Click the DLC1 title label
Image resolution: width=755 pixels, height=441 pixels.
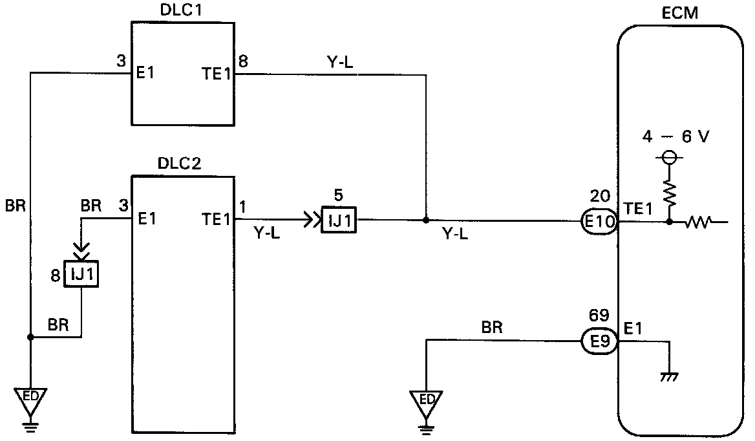[x=182, y=11]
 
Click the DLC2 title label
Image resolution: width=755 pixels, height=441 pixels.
[x=179, y=164]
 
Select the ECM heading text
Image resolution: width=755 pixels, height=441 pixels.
[x=680, y=14]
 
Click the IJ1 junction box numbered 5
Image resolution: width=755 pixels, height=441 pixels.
[x=339, y=222]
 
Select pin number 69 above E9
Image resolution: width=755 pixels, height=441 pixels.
[x=599, y=317]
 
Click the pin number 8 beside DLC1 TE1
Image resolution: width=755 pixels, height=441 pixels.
[x=243, y=63]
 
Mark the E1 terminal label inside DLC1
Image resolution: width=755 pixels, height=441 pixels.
[x=146, y=74]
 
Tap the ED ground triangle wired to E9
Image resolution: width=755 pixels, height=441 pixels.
[x=427, y=399]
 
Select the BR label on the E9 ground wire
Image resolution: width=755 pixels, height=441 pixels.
[x=493, y=329]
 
